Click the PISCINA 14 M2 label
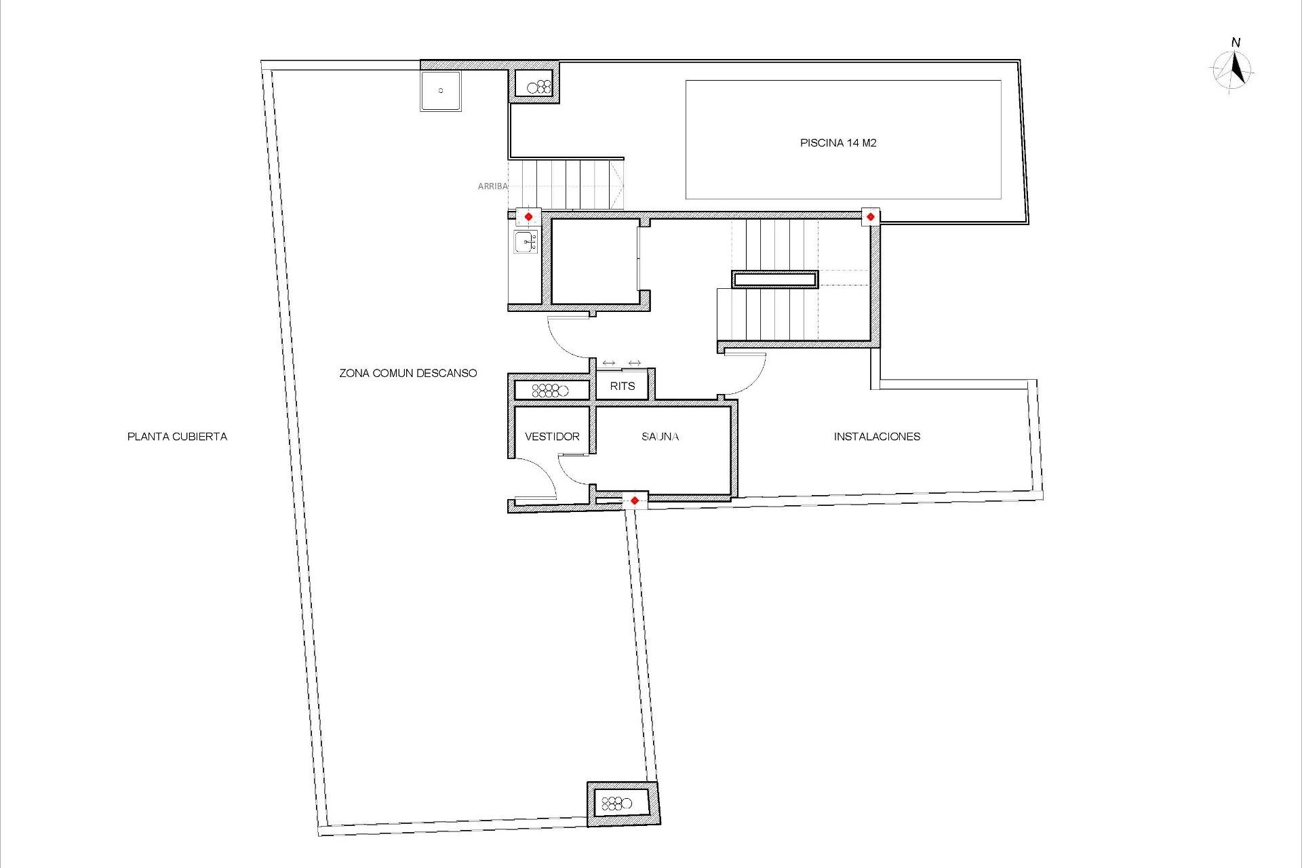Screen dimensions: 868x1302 [838, 143]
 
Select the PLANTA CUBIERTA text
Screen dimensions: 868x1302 [177, 437]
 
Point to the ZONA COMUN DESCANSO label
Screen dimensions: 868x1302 [408, 373]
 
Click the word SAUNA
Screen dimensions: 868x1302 [660, 437]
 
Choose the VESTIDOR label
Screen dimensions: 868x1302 [552, 437]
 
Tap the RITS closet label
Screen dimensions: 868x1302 [622, 386]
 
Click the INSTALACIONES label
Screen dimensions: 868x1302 [877, 437]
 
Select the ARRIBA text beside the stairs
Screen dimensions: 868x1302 [492, 186]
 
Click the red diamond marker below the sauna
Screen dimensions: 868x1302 [634, 501]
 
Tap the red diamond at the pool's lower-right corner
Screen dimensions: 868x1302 [870, 217]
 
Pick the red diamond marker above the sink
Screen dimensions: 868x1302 [528, 217]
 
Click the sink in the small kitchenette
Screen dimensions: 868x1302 [526, 241]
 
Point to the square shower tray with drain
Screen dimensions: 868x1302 [440, 91]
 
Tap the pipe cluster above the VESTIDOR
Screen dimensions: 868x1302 [551, 390]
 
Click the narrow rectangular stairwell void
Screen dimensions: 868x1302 [774, 279]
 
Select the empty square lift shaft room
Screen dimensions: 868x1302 [595, 261]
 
